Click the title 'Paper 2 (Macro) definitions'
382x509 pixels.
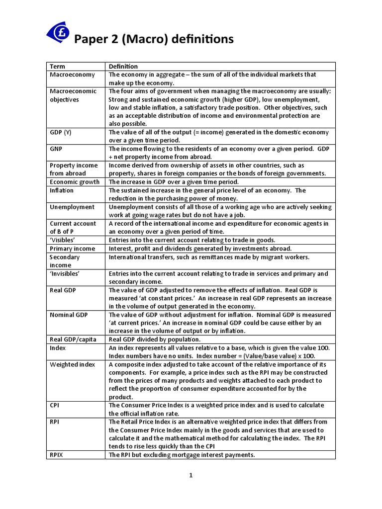146,39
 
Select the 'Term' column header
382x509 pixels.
57,66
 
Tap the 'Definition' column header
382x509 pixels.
123,66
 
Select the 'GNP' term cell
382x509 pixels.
57,149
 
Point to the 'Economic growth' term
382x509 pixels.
75,182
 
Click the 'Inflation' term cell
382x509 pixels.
62,190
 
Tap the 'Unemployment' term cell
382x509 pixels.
72,207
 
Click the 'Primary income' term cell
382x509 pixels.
73,249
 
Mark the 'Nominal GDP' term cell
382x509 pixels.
69,315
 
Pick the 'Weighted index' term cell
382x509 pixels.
72,364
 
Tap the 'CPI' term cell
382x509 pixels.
55,405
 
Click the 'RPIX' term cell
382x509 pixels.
57,455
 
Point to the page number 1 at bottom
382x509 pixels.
191,475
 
